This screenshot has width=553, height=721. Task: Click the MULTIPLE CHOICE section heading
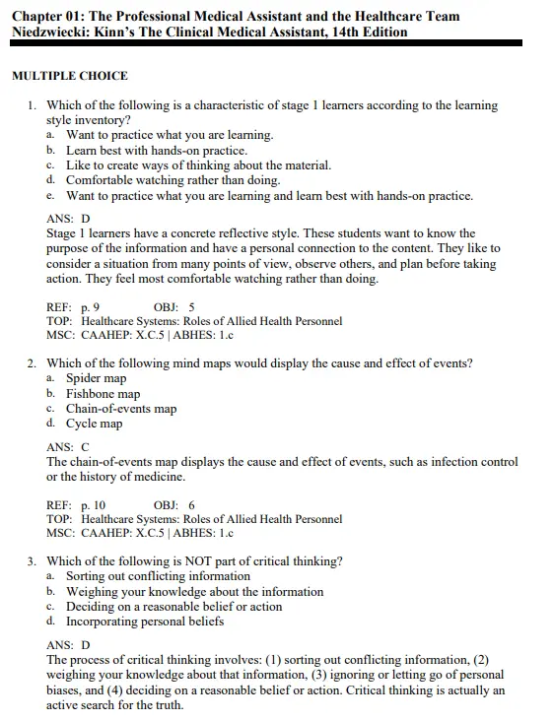click(69, 77)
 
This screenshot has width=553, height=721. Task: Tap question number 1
click(33, 105)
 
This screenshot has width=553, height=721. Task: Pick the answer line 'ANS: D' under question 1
click(68, 219)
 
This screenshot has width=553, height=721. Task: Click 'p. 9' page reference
click(90, 306)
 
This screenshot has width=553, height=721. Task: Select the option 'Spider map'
click(96, 378)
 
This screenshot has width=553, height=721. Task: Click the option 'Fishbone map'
click(103, 393)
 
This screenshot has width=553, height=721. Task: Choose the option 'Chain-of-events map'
click(120, 408)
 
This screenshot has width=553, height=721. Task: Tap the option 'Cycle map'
click(94, 424)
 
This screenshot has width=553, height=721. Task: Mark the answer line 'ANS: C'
click(68, 446)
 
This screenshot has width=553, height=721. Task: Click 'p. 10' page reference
click(93, 504)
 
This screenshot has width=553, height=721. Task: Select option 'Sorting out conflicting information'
click(158, 576)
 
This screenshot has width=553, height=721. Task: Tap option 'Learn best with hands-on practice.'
click(156, 151)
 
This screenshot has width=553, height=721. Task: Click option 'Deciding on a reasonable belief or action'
click(173, 607)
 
